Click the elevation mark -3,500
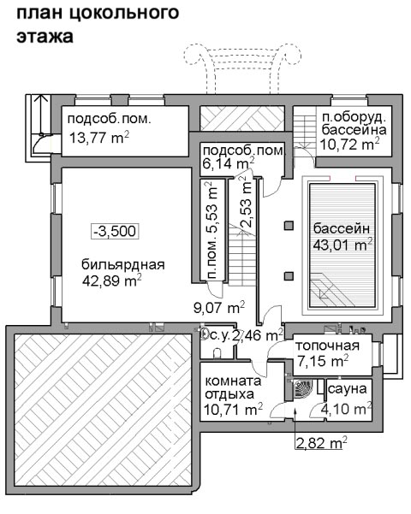[x=115, y=231]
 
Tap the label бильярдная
[x=122, y=264]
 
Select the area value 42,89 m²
[x=112, y=281]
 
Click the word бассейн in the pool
[x=342, y=228]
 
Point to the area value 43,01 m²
[x=343, y=245]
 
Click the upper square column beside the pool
[x=289, y=226]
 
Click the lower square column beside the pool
[x=289, y=276]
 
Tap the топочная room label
[x=328, y=346]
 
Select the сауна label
[x=348, y=389]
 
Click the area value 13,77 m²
[x=99, y=138]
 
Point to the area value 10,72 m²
[x=350, y=144]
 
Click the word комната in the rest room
[x=233, y=381]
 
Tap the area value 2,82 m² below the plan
[x=322, y=443]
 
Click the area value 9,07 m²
[x=219, y=308]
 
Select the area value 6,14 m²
[x=229, y=162]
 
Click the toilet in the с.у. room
[x=217, y=354]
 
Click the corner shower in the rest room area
[x=301, y=388]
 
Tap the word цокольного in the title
[x=124, y=14]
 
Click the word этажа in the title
[x=45, y=36]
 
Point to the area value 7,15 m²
[x=323, y=361]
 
